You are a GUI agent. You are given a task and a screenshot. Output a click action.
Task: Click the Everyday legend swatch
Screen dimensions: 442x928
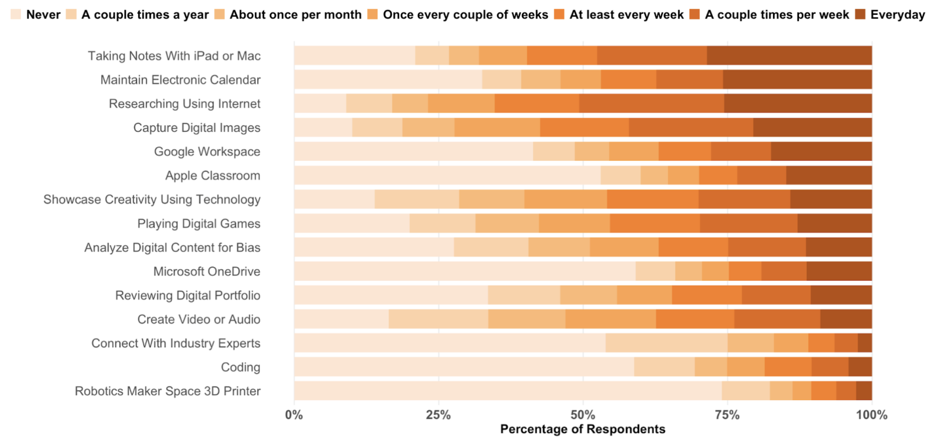pyautogui.click(x=860, y=14)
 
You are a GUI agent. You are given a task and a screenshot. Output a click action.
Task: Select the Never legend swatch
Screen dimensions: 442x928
pyautogui.click(x=16, y=14)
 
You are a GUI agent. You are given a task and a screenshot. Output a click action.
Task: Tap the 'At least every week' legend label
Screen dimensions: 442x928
pyautogui.click(x=626, y=14)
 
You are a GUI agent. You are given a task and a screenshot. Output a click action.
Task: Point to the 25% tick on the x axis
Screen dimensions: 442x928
pyautogui.click(x=438, y=415)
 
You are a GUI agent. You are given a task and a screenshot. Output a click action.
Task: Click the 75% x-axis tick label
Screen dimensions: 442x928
pyautogui.click(x=727, y=415)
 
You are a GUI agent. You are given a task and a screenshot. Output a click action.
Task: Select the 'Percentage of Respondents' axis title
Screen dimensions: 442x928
pyautogui.click(x=583, y=429)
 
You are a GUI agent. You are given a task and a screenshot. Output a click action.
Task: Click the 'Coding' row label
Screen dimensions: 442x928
pyautogui.click(x=240, y=367)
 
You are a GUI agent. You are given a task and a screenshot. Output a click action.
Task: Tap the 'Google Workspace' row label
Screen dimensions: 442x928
pyautogui.click(x=207, y=152)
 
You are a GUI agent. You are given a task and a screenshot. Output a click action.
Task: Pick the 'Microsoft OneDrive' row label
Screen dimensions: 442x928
pyautogui.click(x=207, y=271)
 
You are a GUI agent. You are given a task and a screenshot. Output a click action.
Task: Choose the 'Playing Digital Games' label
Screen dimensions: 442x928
pyautogui.click(x=199, y=224)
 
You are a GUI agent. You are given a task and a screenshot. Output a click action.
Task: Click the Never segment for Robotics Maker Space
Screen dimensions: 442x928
pyautogui.click(x=508, y=391)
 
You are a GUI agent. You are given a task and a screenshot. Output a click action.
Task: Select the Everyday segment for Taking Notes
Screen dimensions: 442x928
pyautogui.click(x=789, y=55)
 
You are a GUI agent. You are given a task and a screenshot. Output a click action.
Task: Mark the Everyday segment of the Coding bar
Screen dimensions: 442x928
pyautogui.click(x=860, y=367)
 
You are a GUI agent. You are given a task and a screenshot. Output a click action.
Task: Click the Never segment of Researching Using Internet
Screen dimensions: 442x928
pyautogui.click(x=320, y=103)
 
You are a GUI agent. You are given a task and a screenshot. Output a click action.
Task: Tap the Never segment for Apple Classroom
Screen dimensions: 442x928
pyautogui.click(x=447, y=175)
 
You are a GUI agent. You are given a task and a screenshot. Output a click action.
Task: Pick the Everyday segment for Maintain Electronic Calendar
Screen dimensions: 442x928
pyautogui.click(x=797, y=79)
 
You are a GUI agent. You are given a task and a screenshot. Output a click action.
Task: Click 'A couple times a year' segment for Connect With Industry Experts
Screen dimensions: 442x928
pyautogui.click(x=666, y=343)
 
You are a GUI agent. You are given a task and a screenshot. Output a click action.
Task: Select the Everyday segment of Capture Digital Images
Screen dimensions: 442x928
pyautogui.click(x=812, y=127)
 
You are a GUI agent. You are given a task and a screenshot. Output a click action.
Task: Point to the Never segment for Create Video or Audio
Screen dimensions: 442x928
pyautogui.click(x=341, y=319)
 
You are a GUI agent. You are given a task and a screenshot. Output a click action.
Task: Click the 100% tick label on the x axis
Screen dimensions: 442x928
pyautogui.click(x=871, y=415)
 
